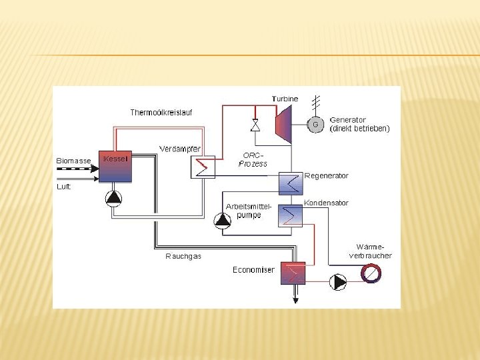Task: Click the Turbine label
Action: (x=285, y=99)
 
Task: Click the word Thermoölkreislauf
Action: (x=161, y=113)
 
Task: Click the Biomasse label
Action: (x=73, y=161)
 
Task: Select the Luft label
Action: (x=63, y=187)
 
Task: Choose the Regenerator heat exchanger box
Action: (x=290, y=182)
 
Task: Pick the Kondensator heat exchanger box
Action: (x=290, y=215)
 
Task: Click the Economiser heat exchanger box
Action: (x=292, y=273)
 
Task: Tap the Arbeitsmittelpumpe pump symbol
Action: (x=221, y=220)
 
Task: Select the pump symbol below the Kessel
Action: (x=114, y=197)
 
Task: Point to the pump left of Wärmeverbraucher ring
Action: (x=339, y=281)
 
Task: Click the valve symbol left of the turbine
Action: (x=255, y=125)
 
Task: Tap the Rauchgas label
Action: (x=183, y=256)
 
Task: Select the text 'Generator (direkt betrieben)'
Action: (x=359, y=124)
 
